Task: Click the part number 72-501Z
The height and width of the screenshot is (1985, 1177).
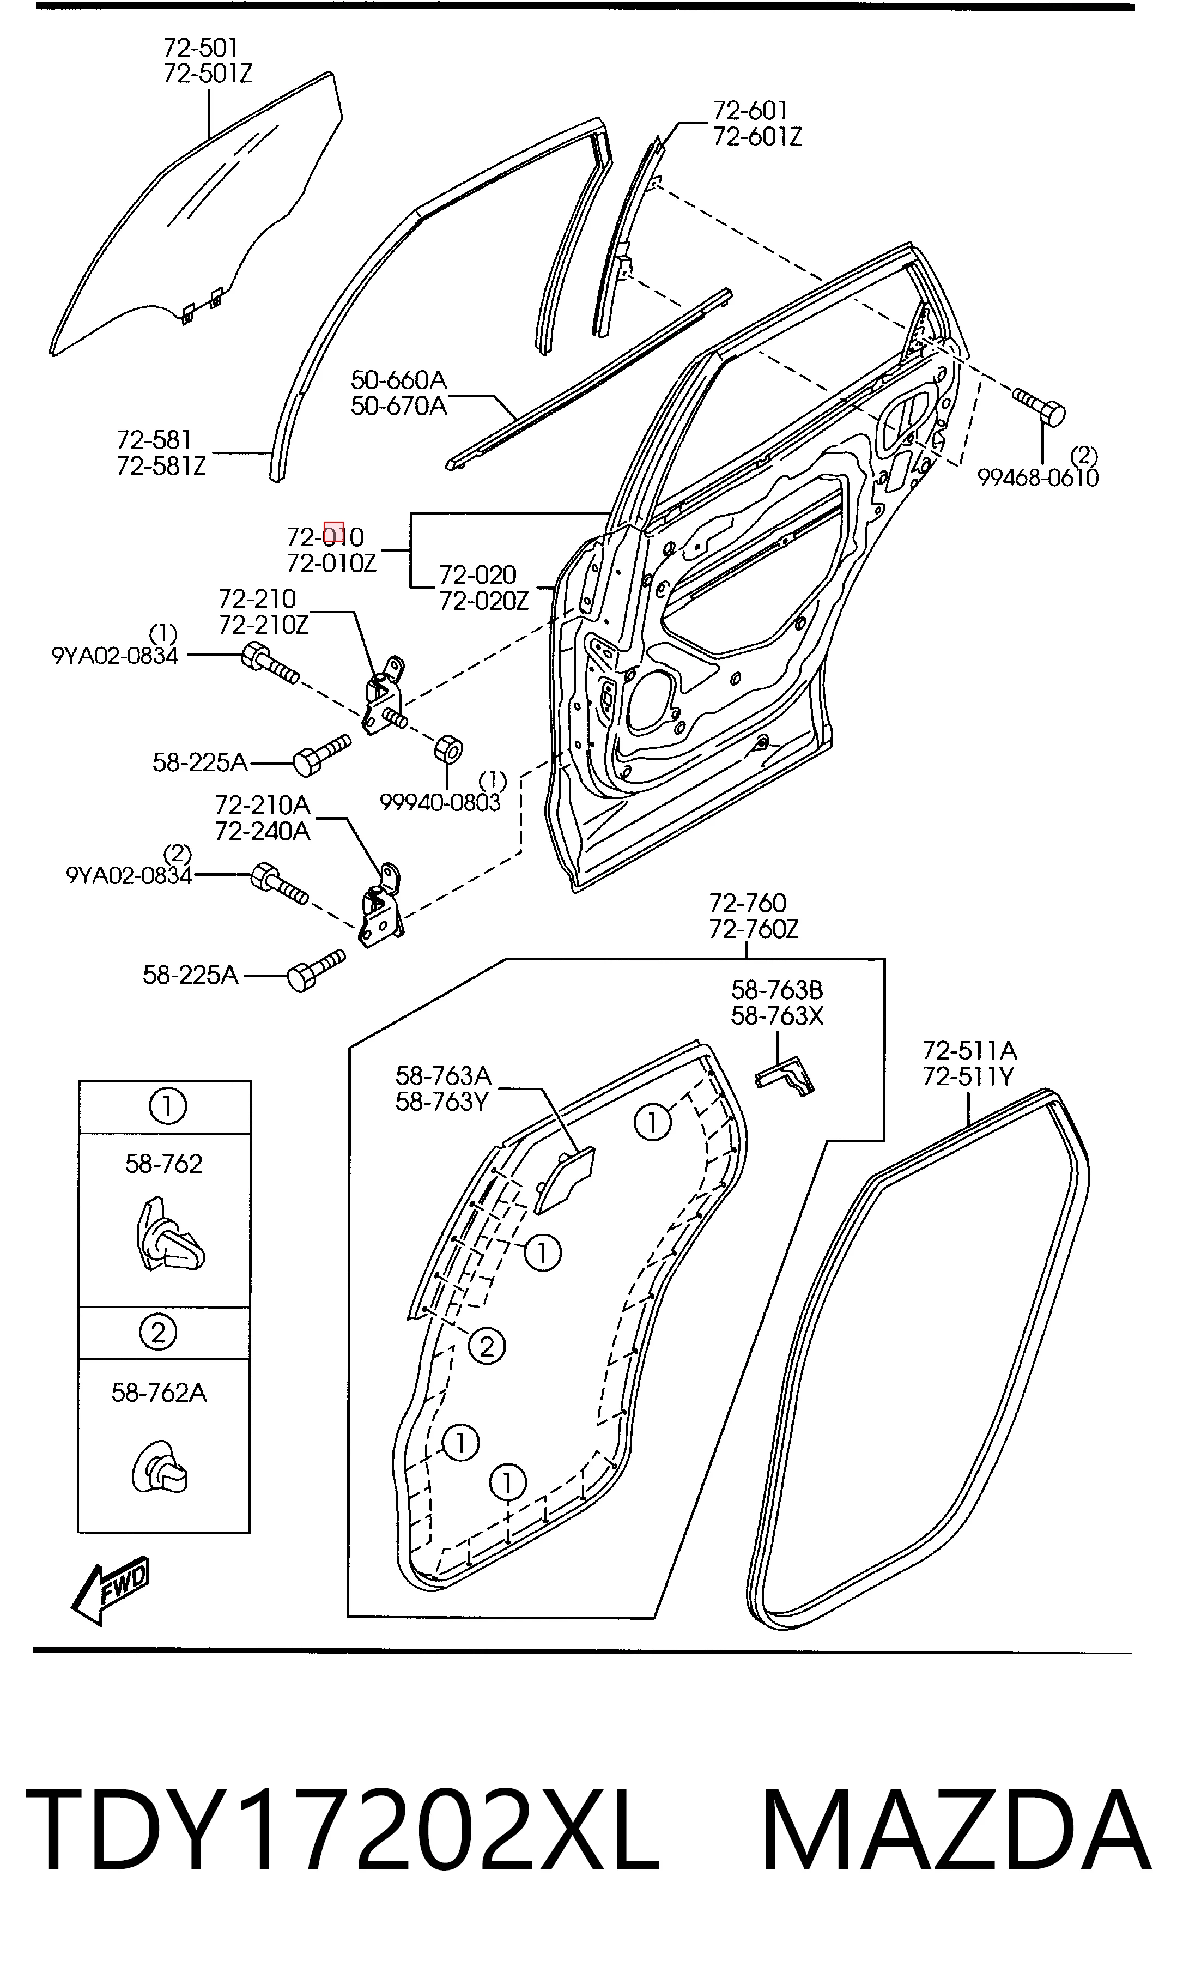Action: coord(208,74)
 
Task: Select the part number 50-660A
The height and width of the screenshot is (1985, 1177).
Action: coord(399,379)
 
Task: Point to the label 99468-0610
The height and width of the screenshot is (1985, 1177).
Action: coord(1038,477)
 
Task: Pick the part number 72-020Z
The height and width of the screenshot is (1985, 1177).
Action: coord(484,601)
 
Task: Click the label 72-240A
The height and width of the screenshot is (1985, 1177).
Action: coord(263,831)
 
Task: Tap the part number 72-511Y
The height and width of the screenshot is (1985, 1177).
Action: coord(968,1077)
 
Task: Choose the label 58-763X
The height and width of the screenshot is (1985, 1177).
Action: coord(777,1016)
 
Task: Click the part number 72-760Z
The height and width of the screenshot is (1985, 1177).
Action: coord(754,929)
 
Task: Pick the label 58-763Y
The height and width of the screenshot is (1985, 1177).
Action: coord(442,1102)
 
